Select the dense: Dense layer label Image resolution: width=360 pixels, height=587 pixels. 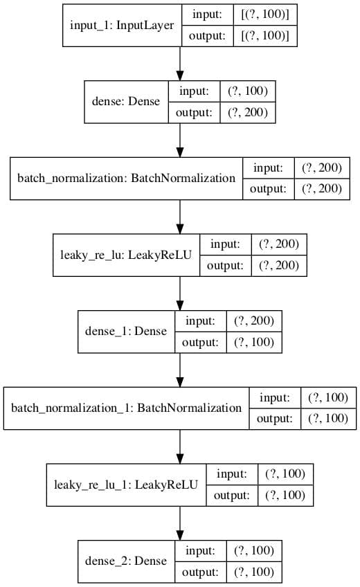coord(126,101)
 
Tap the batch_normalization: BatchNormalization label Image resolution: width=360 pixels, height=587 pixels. coord(126,178)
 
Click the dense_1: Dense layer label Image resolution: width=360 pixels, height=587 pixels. coord(126,331)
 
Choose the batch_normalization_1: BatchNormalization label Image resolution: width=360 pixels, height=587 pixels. coord(126,408)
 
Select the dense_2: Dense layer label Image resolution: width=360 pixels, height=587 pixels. coord(126,561)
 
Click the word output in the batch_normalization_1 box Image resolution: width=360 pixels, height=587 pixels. coord(274,419)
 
